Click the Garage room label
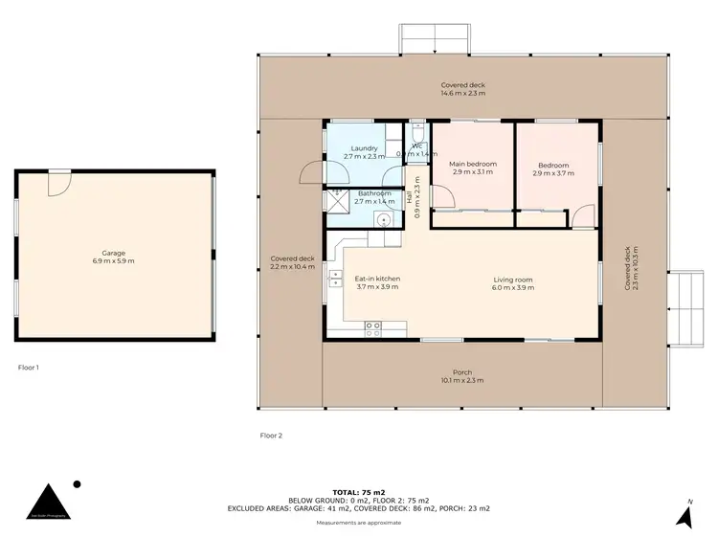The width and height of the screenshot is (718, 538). [113, 257]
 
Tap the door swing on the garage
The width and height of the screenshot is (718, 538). [59, 182]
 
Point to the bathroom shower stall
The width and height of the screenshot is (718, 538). [338, 199]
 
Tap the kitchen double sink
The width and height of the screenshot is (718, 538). [336, 279]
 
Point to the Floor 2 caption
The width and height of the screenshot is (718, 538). [271, 436]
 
